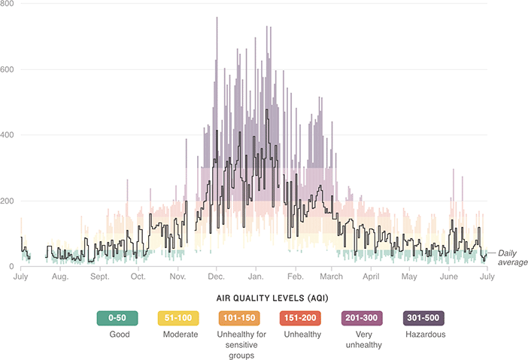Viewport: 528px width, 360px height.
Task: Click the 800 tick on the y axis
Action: pyautogui.click(x=8, y=5)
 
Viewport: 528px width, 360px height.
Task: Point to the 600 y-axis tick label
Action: pyautogui.click(x=8, y=70)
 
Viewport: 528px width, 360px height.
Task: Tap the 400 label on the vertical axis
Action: pyautogui.click(x=8, y=135)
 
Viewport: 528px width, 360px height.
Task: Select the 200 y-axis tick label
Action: pyautogui.click(x=8, y=201)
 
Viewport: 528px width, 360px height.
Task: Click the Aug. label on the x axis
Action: pyautogui.click(x=60, y=277)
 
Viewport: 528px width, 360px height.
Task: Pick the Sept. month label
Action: pyautogui.click(x=99, y=277)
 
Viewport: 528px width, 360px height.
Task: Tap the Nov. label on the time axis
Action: pyautogui.click(x=178, y=277)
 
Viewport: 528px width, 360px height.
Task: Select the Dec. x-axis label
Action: pyautogui.click(x=217, y=277)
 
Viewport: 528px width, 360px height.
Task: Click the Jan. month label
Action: pyautogui.click(x=256, y=277)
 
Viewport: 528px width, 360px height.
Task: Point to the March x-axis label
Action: pyautogui.click(x=332, y=277)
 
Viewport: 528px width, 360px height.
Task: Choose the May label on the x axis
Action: pyautogui.click(x=409, y=277)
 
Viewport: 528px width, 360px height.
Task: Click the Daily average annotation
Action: pyautogui.click(x=512, y=257)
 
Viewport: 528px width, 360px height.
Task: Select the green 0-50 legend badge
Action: pyautogui.click(x=117, y=317)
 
